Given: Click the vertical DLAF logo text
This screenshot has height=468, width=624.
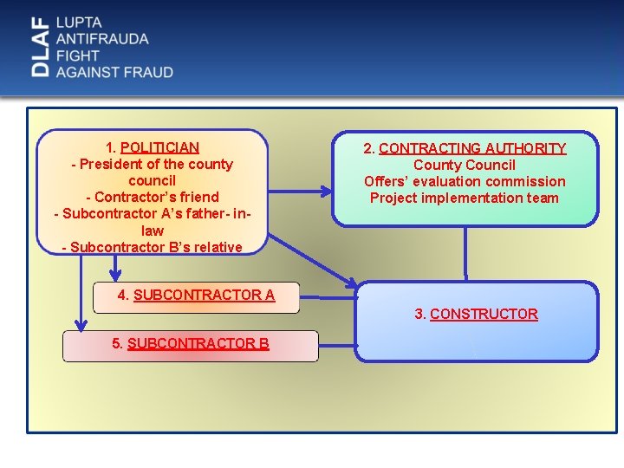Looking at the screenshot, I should coord(40,48).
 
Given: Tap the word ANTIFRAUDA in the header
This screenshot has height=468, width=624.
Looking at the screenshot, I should coord(101,38).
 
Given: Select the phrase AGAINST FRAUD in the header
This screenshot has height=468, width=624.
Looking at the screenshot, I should coord(114,72).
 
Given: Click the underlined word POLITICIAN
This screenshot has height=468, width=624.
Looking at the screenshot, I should coord(160,147).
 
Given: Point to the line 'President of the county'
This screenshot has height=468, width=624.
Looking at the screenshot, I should coord(153,164).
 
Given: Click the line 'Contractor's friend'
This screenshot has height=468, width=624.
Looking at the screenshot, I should coord(153,197).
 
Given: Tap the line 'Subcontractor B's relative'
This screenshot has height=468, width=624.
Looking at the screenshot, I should coord(153,247).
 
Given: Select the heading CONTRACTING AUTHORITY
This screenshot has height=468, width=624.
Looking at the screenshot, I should coord(472,148).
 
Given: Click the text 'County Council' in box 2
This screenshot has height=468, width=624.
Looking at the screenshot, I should coord(465,165).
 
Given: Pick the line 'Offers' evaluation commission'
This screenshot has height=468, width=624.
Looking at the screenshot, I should coord(465,181).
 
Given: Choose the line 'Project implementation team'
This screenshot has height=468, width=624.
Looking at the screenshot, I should coord(465,198).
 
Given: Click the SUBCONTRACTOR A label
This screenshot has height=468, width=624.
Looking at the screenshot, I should coord(204,295).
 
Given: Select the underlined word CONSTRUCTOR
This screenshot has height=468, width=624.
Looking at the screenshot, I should coord(484,314).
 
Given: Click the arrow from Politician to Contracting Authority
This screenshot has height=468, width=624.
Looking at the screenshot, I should coord(299,188).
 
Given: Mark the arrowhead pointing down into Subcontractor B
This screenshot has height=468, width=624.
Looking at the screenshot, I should coord(81,325).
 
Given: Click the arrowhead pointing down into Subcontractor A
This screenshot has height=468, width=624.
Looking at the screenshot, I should coord(115,276).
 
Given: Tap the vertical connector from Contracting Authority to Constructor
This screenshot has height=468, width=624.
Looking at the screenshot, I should coord(465,253).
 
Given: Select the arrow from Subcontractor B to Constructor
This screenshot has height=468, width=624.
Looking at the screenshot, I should coord(338,347).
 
